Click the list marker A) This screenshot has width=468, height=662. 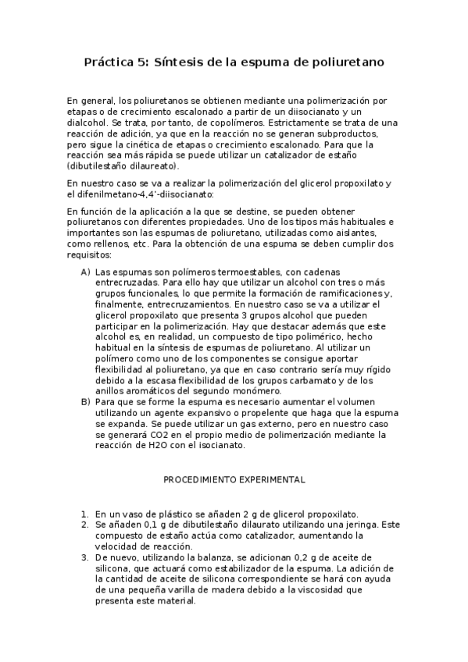[85, 271]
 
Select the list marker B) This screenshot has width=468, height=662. [85, 402]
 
